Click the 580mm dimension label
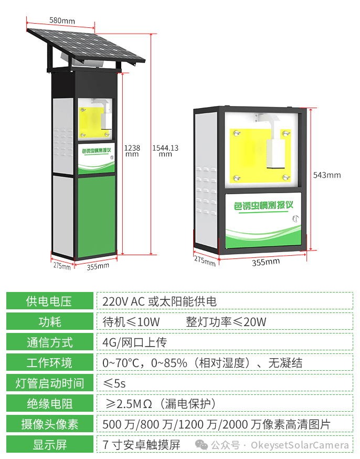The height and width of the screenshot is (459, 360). point(62,20)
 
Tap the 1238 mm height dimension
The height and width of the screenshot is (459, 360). point(132,151)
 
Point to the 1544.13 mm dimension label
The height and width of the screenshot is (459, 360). point(165,151)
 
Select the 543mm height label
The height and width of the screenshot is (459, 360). point(327,175)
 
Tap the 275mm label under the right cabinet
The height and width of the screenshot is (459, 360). point(205,260)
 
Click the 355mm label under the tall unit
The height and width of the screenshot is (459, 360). point(98,266)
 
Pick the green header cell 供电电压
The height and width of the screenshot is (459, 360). point(50,300)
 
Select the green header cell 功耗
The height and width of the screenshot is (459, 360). point(50,321)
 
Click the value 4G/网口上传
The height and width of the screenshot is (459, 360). point(134,342)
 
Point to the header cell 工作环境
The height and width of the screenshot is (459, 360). point(50,362)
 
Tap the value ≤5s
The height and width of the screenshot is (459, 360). point(114,383)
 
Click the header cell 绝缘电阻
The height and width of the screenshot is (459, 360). point(50,403)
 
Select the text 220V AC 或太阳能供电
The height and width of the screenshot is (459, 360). point(160,301)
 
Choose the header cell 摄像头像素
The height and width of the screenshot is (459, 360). point(50,424)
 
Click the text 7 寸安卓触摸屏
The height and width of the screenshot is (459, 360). point(141,445)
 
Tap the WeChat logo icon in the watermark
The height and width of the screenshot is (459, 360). point(201,445)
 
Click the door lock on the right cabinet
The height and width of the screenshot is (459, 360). point(295,218)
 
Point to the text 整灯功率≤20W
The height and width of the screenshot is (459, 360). point(226,322)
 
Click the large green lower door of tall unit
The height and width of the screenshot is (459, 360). point(97,216)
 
